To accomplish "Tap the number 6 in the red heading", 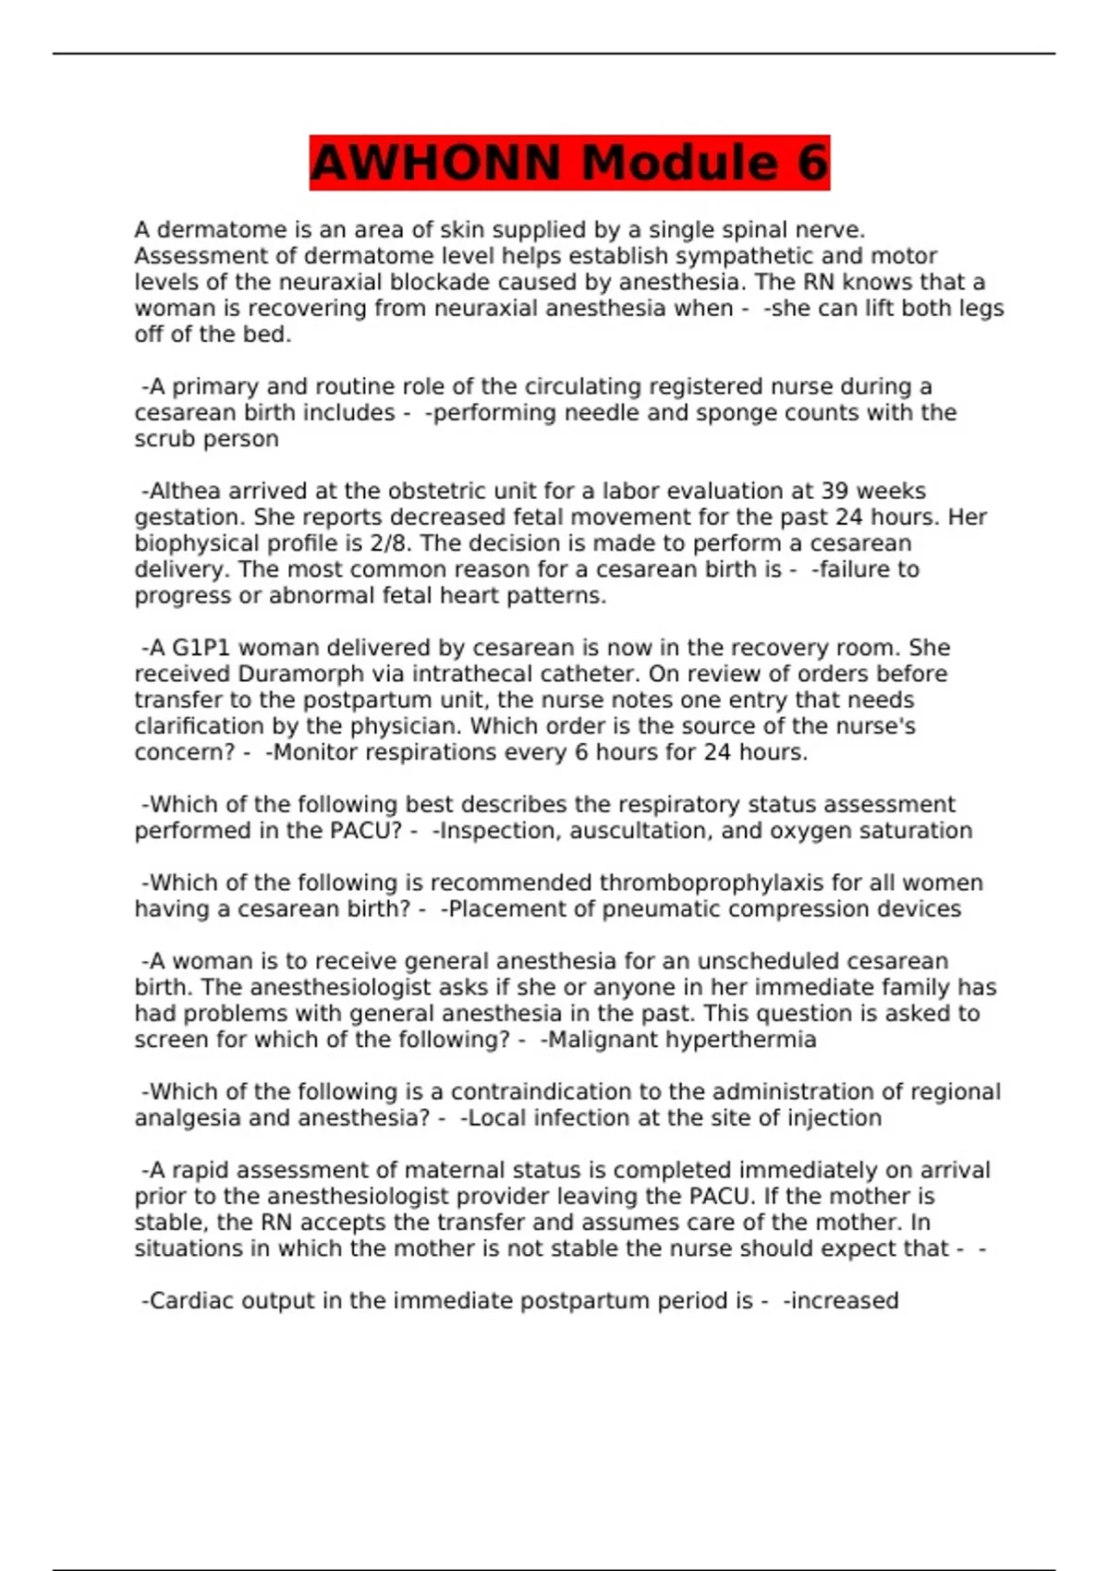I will (810, 164).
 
